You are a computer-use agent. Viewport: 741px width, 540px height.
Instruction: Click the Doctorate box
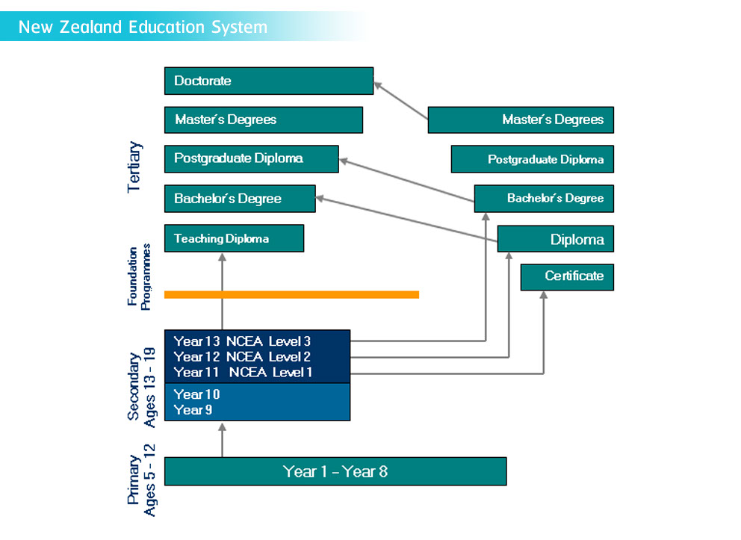coord(269,81)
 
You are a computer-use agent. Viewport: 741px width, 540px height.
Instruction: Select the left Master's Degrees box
coord(264,120)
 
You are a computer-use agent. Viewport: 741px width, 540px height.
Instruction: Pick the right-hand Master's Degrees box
coord(521,120)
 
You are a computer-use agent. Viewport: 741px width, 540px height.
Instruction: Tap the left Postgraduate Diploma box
coord(252,159)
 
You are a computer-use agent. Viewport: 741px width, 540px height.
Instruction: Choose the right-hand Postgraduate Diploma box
coord(533,159)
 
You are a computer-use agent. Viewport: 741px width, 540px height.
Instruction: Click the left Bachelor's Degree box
coord(240,199)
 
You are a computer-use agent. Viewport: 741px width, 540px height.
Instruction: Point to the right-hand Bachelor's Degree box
coord(544,199)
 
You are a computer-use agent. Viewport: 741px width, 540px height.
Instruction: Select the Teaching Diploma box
coord(235,238)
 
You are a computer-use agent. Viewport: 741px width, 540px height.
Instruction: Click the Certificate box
coord(567,277)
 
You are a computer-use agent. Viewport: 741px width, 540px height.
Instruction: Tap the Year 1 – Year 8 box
coord(335,471)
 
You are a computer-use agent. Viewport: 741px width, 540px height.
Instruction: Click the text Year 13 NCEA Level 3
coord(242,341)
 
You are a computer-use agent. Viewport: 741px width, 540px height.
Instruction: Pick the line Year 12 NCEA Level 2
coord(242,357)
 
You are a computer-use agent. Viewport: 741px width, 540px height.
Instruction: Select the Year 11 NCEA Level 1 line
coord(243,372)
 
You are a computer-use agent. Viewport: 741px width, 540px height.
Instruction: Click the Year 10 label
coord(196,394)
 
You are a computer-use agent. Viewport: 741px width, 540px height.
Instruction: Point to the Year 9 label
coord(193,409)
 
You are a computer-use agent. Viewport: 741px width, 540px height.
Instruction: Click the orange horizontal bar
coord(291,295)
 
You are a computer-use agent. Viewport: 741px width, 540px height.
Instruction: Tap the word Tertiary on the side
coord(134,167)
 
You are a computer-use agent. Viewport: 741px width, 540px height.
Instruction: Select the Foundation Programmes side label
coord(139,277)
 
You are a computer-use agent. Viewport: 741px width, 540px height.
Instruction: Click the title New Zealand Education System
coord(143,27)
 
